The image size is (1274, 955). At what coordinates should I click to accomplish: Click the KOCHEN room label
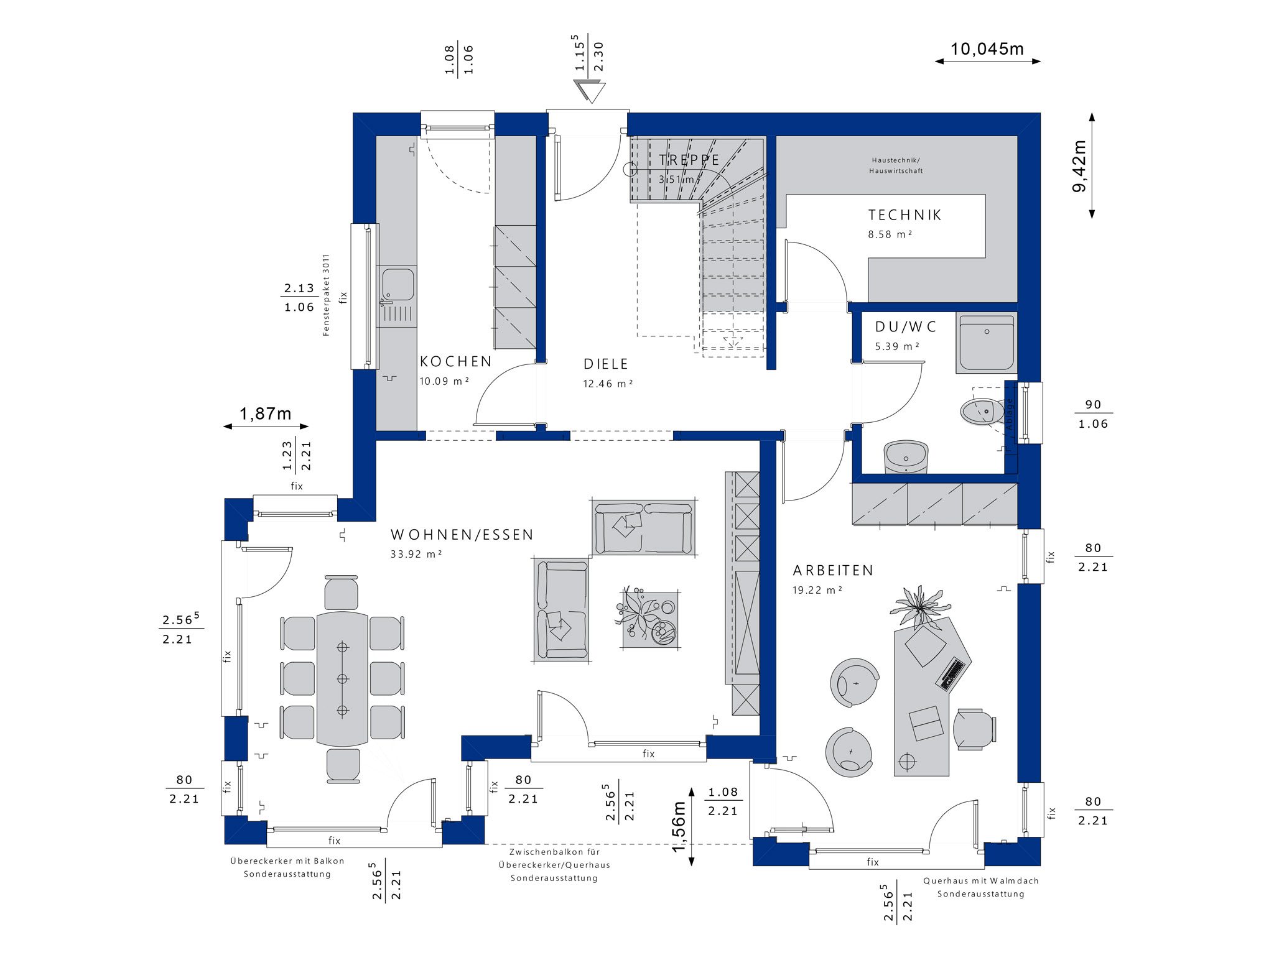coord(456,362)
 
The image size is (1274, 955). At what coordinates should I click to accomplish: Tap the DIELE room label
coord(606,364)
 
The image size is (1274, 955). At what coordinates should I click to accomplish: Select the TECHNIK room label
coord(905,215)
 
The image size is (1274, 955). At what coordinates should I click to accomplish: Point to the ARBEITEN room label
coord(833,570)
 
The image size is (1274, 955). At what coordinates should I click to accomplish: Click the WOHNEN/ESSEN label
coord(462,535)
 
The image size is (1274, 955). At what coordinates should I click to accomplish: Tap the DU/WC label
coord(906,327)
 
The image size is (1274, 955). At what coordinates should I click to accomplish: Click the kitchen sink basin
coord(398,284)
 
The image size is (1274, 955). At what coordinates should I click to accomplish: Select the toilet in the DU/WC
coord(983,410)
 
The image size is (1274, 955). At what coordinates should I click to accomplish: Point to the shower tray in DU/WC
coord(987,344)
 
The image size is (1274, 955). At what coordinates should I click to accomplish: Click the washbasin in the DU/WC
coord(906,457)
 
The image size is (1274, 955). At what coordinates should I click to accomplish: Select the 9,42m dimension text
coord(1080,166)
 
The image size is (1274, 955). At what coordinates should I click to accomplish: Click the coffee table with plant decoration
coord(649,619)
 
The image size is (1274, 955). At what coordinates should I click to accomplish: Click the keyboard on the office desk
coord(951,674)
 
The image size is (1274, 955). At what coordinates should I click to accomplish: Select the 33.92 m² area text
coord(416,554)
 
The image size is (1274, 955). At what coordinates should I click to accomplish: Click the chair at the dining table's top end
coord(342,593)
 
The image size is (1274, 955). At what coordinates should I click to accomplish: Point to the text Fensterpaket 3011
coord(326,295)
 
